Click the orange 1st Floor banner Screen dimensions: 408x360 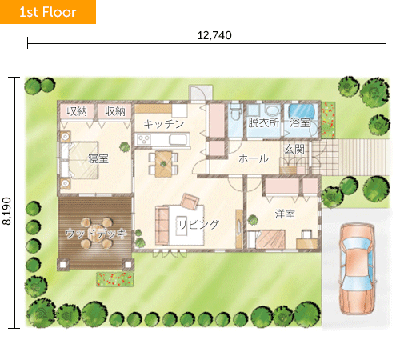click(x=48, y=12)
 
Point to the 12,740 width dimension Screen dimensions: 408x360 click(x=214, y=35)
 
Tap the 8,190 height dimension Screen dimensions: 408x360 click(x=6, y=211)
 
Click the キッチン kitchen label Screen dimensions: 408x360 click(x=164, y=124)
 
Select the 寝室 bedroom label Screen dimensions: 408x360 click(x=98, y=159)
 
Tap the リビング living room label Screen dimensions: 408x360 click(x=198, y=225)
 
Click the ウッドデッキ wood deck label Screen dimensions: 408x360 click(x=96, y=234)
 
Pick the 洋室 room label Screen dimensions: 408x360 click(x=285, y=214)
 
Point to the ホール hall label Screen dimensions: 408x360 click(x=254, y=159)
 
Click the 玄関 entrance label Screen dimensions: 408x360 click(x=294, y=150)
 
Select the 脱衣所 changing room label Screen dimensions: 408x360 click(x=263, y=122)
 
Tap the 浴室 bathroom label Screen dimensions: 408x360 click(x=300, y=123)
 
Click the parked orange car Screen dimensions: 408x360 click(x=357, y=269)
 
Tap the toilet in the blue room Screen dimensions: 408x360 click(x=236, y=113)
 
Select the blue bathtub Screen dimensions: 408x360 click(x=302, y=110)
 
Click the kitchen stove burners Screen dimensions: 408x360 click(x=144, y=139)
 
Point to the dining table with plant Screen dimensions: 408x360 click(x=163, y=164)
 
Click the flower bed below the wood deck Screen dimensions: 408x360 click(x=114, y=279)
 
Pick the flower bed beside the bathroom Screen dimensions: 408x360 click(x=328, y=120)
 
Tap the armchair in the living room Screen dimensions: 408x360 click(x=190, y=201)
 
